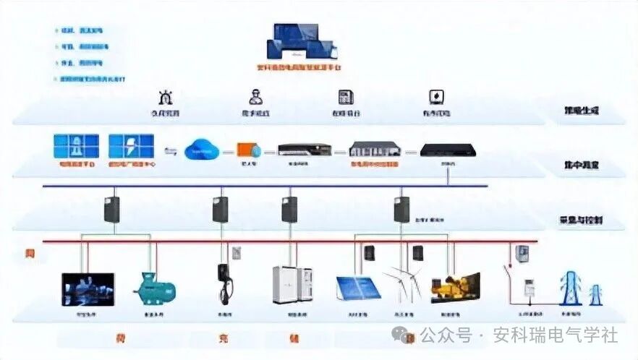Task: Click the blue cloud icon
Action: point(200,150)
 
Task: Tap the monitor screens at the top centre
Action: point(302,41)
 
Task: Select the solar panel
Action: point(358,287)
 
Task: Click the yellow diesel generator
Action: point(454,287)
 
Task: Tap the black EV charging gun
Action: point(223,283)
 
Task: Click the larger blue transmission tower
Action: point(570,287)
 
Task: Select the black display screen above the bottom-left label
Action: point(88,288)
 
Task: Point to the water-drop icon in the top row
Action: point(436,97)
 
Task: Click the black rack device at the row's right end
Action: point(448,150)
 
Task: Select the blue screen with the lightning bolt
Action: point(131,146)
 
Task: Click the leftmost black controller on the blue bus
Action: point(111,208)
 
